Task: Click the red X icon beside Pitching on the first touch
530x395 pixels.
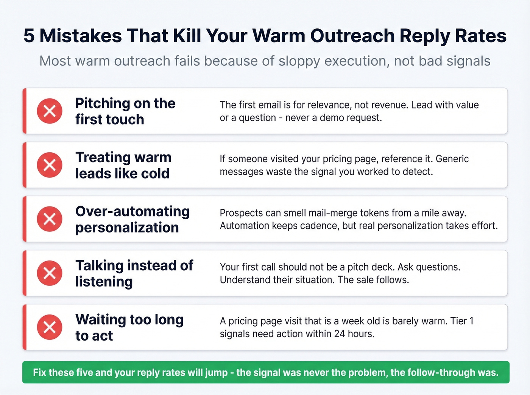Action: click(x=50, y=111)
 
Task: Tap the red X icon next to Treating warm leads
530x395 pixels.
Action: click(x=50, y=165)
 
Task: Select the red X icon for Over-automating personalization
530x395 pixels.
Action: click(x=50, y=219)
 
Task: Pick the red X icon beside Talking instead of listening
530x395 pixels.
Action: click(x=50, y=273)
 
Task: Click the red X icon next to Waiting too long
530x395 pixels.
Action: click(x=50, y=327)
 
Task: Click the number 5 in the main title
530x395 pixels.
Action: click(x=29, y=36)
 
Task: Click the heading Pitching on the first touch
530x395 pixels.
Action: click(x=125, y=111)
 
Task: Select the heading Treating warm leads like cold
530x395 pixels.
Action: click(x=123, y=165)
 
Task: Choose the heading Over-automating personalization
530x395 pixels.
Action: click(x=132, y=219)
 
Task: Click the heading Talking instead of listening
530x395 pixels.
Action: click(x=134, y=273)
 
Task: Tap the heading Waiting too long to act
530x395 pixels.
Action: click(x=129, y=327)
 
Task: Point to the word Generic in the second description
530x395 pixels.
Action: click(x=452, y=159)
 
